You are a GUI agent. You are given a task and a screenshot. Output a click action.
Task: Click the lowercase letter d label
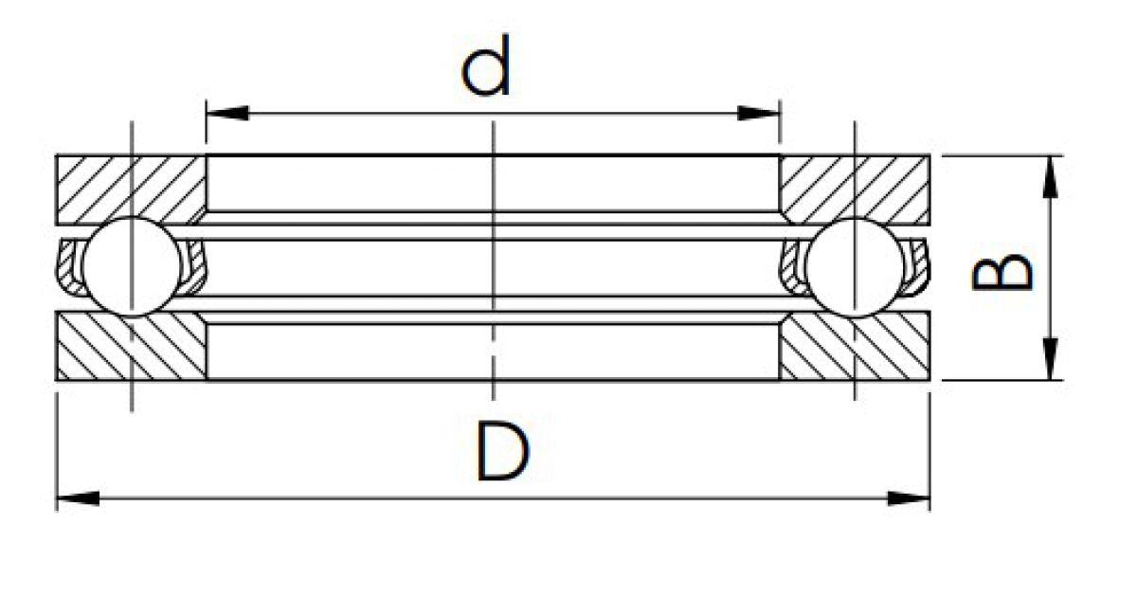(x=486, y=65)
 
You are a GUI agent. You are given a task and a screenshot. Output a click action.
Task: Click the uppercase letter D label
(x=502, y=452)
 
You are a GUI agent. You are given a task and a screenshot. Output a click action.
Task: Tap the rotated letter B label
(x=1002, y=274)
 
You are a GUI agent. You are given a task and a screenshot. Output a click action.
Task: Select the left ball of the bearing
(x=132, y=267)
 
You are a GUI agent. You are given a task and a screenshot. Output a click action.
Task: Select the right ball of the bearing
(x=855, y=267)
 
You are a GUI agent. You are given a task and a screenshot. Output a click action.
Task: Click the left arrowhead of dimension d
(x=227, y=113)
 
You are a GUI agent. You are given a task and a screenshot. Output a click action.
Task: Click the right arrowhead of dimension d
(x=758, y=113)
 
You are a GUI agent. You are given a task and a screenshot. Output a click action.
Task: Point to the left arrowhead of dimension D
(x=77, y=498)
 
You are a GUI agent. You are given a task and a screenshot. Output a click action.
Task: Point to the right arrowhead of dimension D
(x=909, y=498)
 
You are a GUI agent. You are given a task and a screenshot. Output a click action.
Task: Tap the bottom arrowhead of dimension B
(x=1050, y=358)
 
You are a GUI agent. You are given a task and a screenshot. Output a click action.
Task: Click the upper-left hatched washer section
(x=131, y=190)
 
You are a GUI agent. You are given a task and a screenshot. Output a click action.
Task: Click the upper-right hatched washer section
(x=855, y=190)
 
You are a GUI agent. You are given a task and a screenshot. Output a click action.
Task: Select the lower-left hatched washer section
(x=131, y=346)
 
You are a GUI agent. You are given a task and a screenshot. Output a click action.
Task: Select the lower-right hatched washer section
(x=855, y=346)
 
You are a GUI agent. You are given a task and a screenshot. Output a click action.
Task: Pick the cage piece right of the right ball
(x=919, y=267)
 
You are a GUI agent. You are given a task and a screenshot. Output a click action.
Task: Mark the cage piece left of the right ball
(x=792, y=267)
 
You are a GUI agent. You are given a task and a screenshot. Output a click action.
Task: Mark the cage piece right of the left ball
(x=195, y=267)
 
